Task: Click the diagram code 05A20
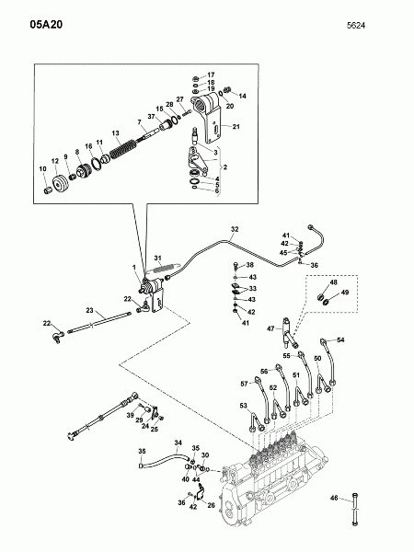point(46,24)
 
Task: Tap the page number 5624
point(356,26)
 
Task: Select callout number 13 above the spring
point(116,133)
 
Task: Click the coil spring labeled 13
point(122,149)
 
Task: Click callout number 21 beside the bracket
point(236,126)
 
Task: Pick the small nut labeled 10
point(49,190)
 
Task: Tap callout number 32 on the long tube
point(235,229)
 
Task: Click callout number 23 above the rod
point(90,310)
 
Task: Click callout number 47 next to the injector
point(270,328)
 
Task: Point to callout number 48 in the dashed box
point(333,282)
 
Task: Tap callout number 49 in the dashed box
point(345,293)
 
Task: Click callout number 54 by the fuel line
point(340,339)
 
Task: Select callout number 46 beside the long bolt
point(334,498)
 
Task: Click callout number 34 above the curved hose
point(178,443)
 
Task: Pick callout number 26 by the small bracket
point(211,505)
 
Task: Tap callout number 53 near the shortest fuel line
point(243,406)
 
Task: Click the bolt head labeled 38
point(236,264)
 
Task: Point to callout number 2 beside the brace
point(225,167)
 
